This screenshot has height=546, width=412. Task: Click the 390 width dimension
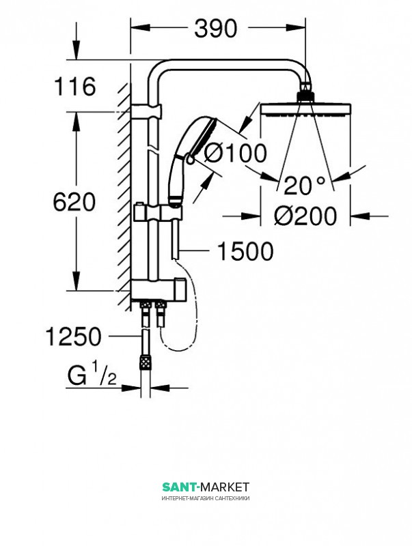point(216,29)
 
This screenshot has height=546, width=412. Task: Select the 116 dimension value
point(74,87)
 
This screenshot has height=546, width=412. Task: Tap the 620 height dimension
point(74,201)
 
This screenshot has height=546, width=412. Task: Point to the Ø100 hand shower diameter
point(235,153)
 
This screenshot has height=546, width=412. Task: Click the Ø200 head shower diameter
point(305,216)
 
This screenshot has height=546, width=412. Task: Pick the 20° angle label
point(304,185)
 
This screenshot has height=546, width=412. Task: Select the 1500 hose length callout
point(245,251)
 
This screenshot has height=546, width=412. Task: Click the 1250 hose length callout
point(74,336)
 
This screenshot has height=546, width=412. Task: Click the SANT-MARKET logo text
point(206,487)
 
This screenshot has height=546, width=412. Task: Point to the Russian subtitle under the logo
point(206,498)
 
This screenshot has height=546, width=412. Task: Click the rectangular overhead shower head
point(305,109)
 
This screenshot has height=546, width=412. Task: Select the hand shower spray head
point(204,136)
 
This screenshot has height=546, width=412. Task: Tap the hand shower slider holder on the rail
point(158,212)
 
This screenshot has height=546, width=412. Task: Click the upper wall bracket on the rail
point(146,111)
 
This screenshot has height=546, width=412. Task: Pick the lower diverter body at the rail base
point(159,289)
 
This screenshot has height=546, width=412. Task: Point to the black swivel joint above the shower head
point(305,96)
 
